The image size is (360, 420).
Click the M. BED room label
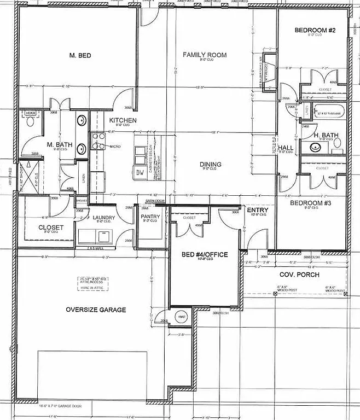tap(80, 55)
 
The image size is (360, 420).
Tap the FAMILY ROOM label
tap(205, 55)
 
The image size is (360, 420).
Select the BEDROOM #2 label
tap(315, 30)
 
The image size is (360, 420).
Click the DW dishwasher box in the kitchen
tap(141, 172)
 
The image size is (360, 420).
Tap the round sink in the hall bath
tap(315, 147)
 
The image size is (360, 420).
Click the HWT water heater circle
tap(181, 317)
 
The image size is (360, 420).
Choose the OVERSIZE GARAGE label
tap(96, 310)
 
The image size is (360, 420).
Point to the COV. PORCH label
tap(299, 275)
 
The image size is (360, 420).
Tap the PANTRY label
tap(150, 217)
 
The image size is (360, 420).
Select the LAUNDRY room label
tap(104, 218)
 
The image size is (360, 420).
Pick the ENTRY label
tap(257, 210)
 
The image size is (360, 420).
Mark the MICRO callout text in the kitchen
tap(115, 147)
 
